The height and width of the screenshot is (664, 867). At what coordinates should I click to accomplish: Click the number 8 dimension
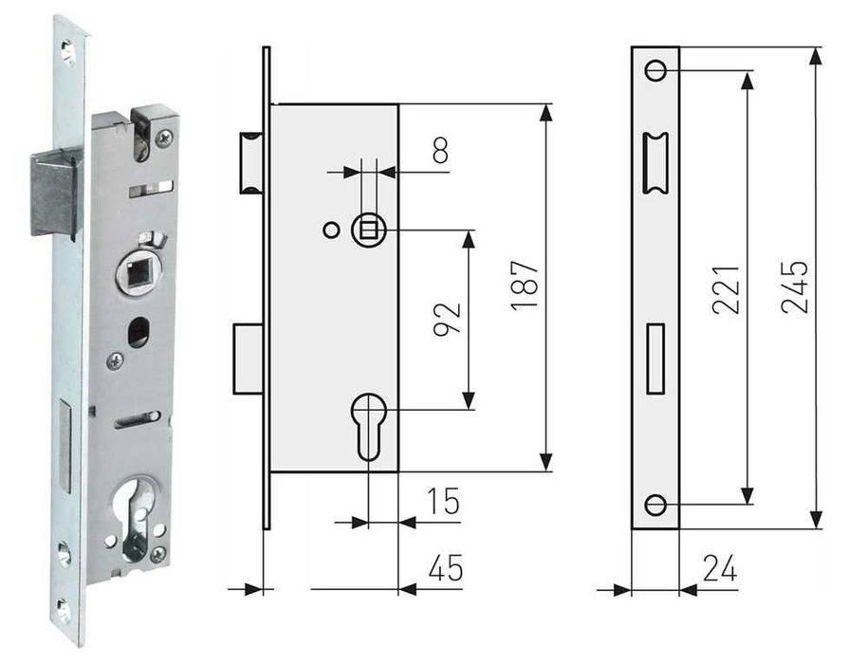[439, 152]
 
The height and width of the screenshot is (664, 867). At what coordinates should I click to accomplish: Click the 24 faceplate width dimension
[719, 568]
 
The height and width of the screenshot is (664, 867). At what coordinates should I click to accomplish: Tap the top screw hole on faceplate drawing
[655, 70]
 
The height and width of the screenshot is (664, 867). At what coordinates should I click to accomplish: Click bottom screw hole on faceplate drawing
[655, 505]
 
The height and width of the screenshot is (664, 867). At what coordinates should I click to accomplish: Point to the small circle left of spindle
[329, 229]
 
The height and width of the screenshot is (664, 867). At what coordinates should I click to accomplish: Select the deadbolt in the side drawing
[248, 358]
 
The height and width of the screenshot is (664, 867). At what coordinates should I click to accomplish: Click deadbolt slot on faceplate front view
[655, 358]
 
